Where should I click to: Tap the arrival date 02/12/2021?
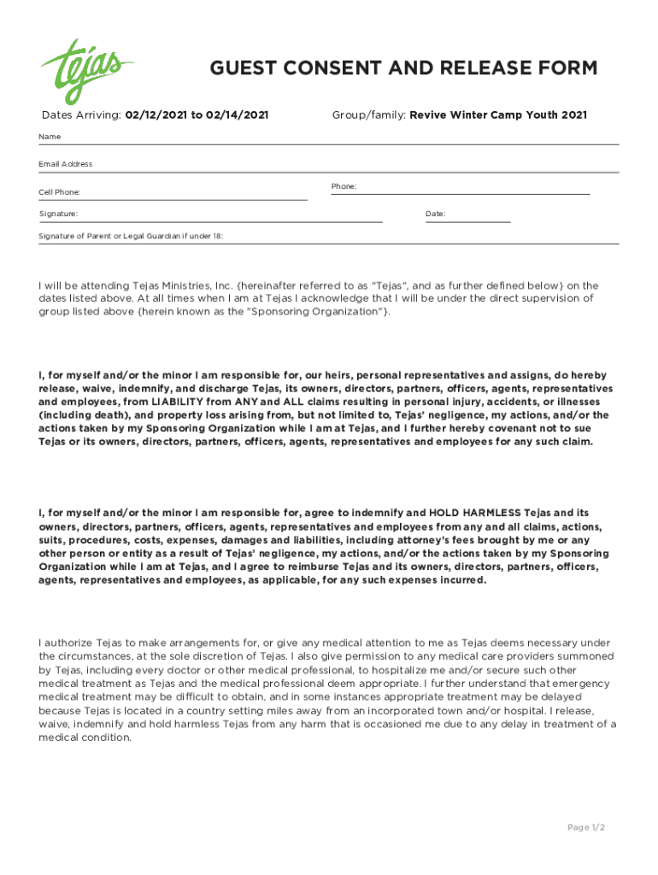click(156, 115)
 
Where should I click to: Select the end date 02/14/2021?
click(237, 115)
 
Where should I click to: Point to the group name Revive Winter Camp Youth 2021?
click(498, 115)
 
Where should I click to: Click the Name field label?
click(50, 137)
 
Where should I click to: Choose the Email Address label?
click(66, 163)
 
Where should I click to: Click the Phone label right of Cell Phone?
click(344, 186)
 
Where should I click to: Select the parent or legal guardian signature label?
click(131, 236)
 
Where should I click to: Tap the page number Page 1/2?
click(586, 827)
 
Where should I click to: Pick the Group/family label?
click(368, 115)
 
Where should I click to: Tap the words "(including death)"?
click(79, 415)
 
